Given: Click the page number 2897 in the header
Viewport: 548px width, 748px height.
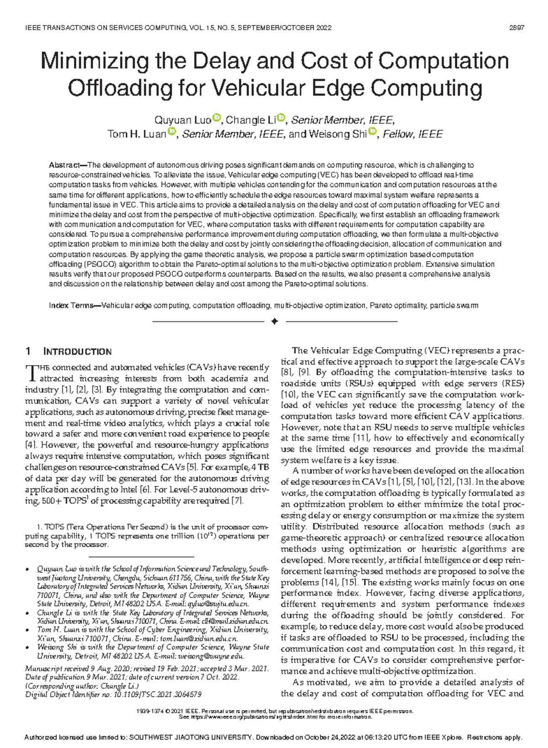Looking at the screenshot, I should pyautogui.click(x=516, y=28).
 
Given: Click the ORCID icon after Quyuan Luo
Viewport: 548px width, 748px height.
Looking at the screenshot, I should pyautogui.click(x=217, y=119).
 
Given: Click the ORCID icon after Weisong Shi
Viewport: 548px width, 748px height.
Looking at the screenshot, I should pyautogui.click(x=373, y=132).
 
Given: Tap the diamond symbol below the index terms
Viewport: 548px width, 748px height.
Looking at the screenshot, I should pyautogui.click(x=274, y=322).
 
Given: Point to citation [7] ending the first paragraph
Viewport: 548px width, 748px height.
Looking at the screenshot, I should pyautogui.click(x=238, y=501).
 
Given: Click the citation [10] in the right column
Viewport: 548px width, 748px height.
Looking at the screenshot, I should pyautogui.click(x=289, y=395).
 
